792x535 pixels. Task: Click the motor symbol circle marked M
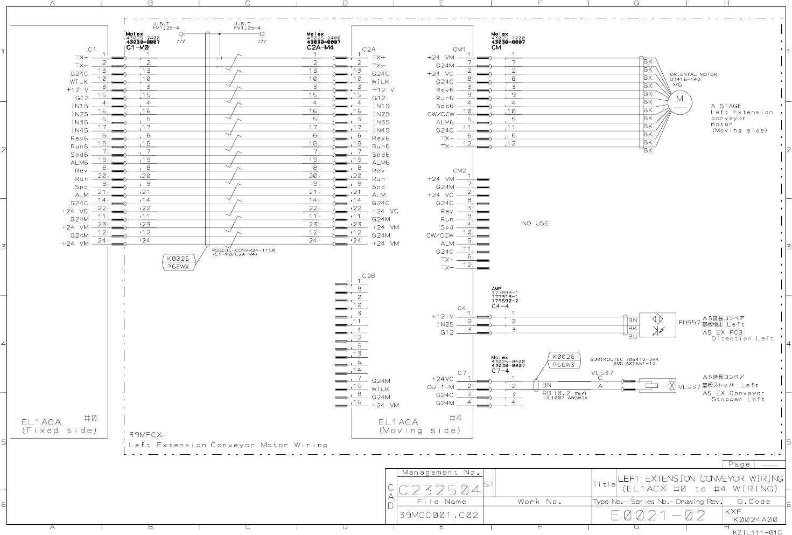(x=679, y=99)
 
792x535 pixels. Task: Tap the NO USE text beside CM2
(x=535, y=223)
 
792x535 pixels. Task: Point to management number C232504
(x=440, y=490)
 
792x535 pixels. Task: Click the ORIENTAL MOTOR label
(x=693, y=74)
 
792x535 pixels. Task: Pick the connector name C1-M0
(x=137, y=47)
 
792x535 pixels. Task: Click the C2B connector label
(x=368, y=275)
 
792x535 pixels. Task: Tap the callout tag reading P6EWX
(x=178, y=266)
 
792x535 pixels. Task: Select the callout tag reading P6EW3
(x=563, y=365)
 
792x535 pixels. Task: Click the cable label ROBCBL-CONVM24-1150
(x=243, y=250)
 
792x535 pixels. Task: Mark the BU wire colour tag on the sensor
(x=633, y=336)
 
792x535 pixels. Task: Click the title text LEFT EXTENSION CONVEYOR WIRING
(x=700, y=478)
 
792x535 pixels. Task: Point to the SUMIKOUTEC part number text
(x=624, y=359)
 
